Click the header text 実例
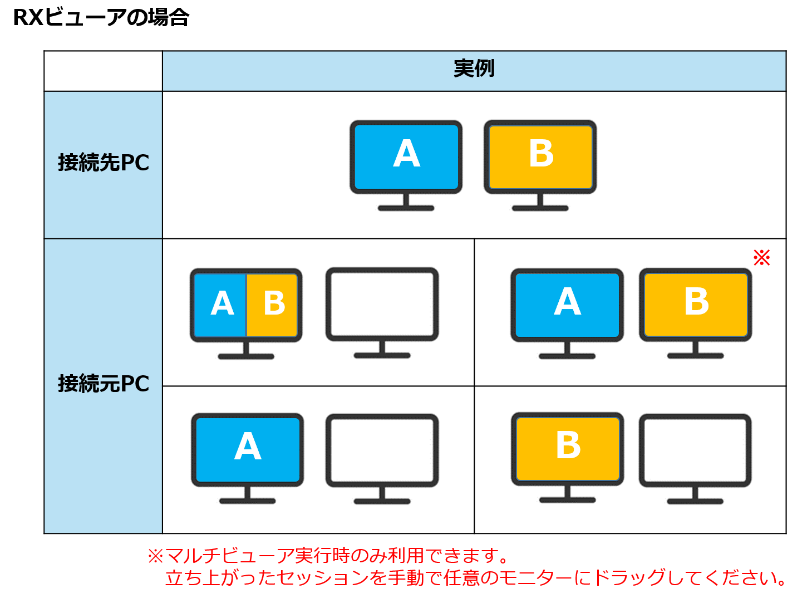point(474,68)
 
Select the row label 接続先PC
point(104,163)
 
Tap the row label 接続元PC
point(104,384)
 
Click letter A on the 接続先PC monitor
point(406,154)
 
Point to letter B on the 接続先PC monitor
point(541,154)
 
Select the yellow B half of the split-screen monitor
point(273,304)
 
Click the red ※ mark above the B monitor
point(761,257)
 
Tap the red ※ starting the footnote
point(155,556)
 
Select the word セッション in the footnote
point(323,578)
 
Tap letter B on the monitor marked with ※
point(696,302)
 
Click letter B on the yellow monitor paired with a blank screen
point(568,445)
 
